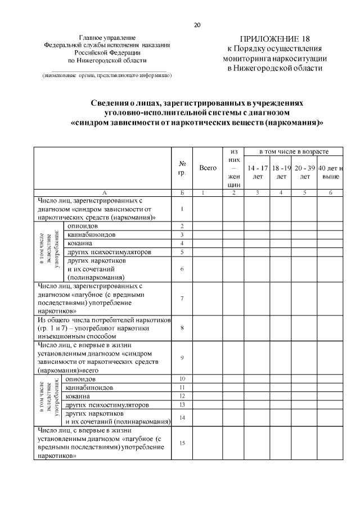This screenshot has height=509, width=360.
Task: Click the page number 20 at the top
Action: pyautogui.click(x=197, y=25)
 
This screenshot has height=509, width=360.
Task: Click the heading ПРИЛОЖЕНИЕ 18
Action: pyautogui.click(x=274, y=38)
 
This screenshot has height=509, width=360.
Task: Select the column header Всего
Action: pyautogui.click(x=208, y=168)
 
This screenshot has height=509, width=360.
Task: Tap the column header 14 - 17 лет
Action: pyautogui.click(x=258, y=172)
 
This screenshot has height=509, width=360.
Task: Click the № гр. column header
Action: pyautogui.click(x=182, y=168)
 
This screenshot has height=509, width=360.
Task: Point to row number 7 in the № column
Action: pyautogui.click(x=182, y=298)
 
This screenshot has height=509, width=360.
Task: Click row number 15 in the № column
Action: pyautogui.click(x=182, y=443)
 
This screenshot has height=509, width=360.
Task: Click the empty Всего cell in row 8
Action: pyautogui.click(x=208, y=327)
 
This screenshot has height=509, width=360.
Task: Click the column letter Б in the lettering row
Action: pyautogui.click(x=182, y=192)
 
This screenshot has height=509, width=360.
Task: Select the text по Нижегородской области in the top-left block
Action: pyautogui.click(x=107, y=59)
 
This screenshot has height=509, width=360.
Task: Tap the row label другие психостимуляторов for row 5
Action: pyautogui.click(x=108, y=252)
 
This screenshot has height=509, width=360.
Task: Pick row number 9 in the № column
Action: pyautogui.click(x=182, y=357)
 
